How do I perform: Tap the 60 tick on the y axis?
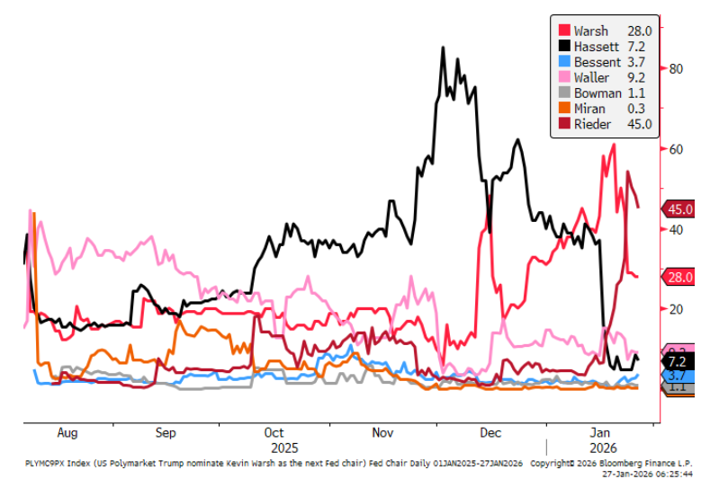[x=674, y=149]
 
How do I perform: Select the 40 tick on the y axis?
[x=674, y=229]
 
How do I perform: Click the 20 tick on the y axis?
[x=674, y=309]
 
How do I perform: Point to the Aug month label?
[x=67, y=432]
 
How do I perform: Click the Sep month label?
[x=166, y=432]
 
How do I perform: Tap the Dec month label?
[x=490, y=432]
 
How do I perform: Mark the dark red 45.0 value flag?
[x=679, y=209]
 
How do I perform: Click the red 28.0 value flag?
[x=679, y=277]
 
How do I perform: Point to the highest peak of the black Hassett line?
[x=443, y=48]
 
